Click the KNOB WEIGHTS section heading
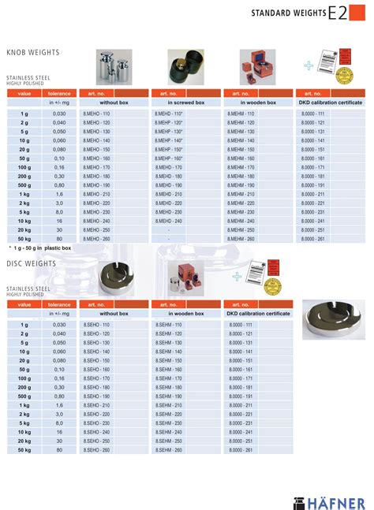pos(33,53)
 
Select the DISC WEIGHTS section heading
pos(31,264)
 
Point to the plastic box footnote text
pos(39,248)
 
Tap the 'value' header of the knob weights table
pos(24,93)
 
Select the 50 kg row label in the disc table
pos(24,450)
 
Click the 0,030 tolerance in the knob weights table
pos(59,114)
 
